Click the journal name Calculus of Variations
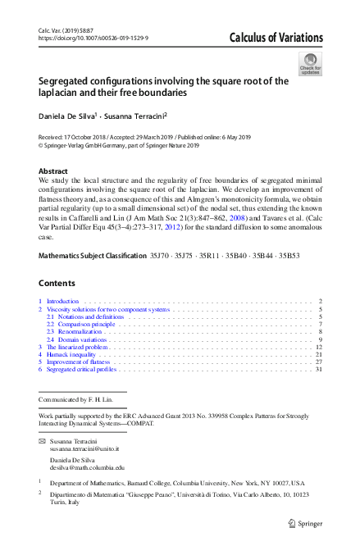click(276, 39)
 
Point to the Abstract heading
click(53, 171)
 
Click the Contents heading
click(58, 283)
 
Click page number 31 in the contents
click(319, 369)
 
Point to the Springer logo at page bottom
click(307, 523)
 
